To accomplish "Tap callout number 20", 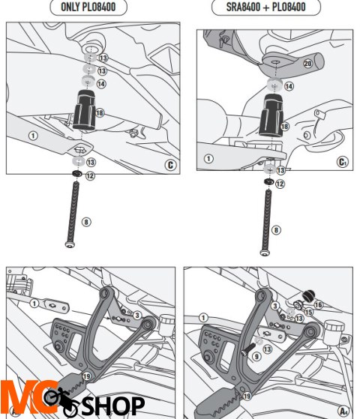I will click(x=306, y=64).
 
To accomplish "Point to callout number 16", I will click(x=317, y=304).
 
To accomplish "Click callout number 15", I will click(x=307, y=312).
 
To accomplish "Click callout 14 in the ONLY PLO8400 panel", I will click(x=102, y=84).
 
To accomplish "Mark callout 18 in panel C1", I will click(x=284, y=128).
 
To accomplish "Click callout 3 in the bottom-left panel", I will click(x=137, y=315).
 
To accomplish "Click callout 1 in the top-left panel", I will click(x=32, y=136).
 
